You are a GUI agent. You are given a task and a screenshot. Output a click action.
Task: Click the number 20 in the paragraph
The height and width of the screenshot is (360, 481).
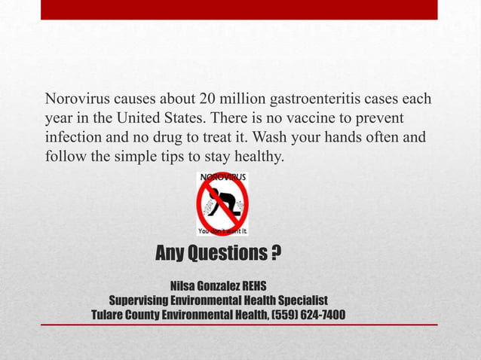pyautogui.click(x=209, y=100)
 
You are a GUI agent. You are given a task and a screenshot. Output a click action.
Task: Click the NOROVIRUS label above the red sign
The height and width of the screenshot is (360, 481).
pyautogui.click(x=222, y=178)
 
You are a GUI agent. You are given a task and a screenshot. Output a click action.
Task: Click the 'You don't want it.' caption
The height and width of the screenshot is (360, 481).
pyautogui.click(x=222, y=231)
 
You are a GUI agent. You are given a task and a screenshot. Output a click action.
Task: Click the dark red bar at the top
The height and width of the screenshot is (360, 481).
pyautogui.click(x=239, y=10)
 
